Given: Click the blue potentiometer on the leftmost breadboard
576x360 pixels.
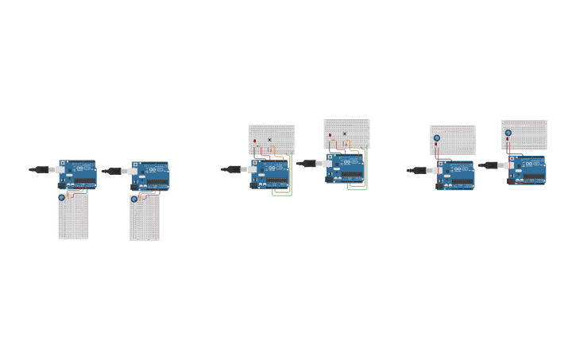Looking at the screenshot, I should [62, 197].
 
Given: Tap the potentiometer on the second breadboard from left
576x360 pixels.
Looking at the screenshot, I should [134, 199].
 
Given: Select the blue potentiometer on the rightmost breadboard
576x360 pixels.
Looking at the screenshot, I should [508, 133].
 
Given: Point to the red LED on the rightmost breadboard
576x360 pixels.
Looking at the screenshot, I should [508, 139].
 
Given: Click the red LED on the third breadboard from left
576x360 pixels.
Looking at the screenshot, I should [254, 141].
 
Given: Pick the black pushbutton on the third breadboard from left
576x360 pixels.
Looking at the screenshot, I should [269, 140].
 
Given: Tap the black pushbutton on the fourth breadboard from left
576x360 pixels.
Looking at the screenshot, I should [344, 134].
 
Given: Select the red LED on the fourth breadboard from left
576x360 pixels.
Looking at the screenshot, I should [330, 135].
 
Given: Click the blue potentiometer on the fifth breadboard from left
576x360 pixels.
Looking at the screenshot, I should [436, 138].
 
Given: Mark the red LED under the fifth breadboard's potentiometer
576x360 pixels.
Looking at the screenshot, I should [435, 145].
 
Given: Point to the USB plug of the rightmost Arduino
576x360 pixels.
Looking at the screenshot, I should [489, 165].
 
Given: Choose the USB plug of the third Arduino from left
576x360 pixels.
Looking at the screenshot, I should [234, 169].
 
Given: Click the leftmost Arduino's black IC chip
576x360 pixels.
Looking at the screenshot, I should [84, 181].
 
